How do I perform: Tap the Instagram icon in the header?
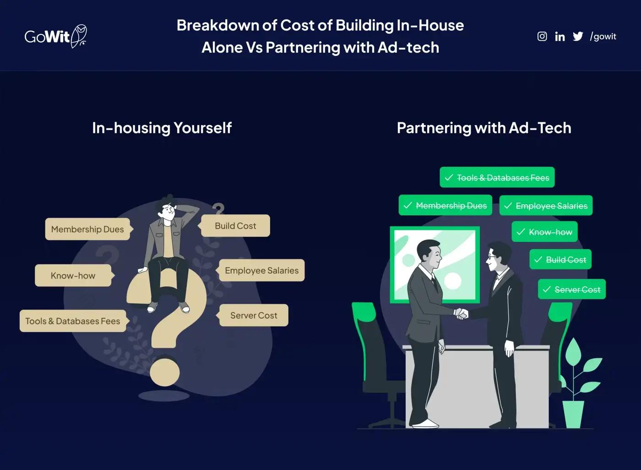point(542,36)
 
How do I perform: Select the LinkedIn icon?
point(560,37)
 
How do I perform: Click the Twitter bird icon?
point(578,37)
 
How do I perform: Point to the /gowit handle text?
point(603,37)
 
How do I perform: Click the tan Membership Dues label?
point(87,229)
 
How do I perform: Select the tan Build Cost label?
point(235,226)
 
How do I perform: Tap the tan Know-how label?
point(73,275)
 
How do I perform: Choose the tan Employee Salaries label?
point(261,270)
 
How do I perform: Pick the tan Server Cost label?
point(254,315)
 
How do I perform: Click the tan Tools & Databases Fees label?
point(73,321)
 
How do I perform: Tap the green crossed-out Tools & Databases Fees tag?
point(497,178)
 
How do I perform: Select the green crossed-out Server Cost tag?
point(572,290)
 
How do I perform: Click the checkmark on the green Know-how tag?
point(521,232)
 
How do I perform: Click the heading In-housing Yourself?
point(162,128)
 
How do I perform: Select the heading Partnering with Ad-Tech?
point(484,128)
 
